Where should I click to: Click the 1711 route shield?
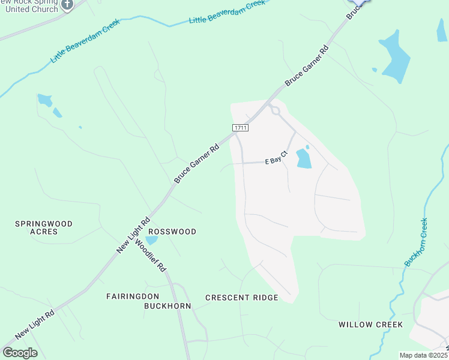coord(240,128)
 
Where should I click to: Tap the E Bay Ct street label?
coord(277,160)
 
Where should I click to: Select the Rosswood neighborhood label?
coord(172,232)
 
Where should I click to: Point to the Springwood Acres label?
coord(44,227)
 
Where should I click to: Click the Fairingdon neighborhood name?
coord(131,296)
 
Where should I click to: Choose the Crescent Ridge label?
coord(242,298)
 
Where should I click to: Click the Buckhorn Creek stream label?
coord(416,242)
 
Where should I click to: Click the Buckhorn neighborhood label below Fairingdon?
coord(167,306)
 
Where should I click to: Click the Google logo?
coord(20,352)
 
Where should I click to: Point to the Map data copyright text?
coord(424,355)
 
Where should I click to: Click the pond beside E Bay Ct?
coord(304,158)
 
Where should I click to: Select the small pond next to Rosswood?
coord(152,240)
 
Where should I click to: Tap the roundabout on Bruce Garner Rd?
coord(275,110)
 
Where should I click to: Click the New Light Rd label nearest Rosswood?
coord(133,236)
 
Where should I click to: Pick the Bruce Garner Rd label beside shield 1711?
coord(196,163)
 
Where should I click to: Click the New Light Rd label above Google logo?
coord(35,322)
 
